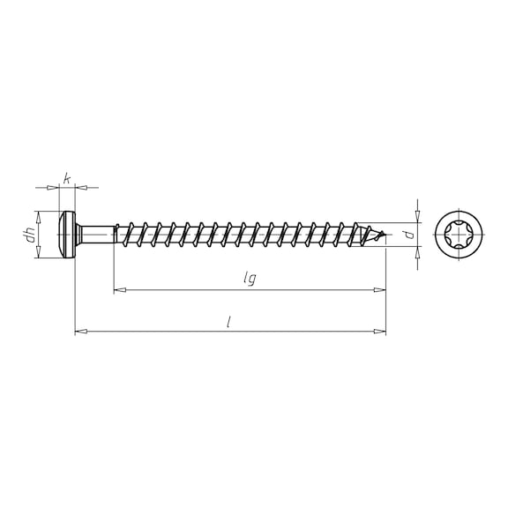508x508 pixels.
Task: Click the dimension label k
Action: (66, 178)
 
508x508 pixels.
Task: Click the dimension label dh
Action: (31, 235)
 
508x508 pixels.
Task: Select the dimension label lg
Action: (250, 278)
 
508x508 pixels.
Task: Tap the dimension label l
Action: (228, 322)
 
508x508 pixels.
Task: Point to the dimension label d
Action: (410, 235)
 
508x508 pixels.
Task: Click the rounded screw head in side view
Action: (67, 235)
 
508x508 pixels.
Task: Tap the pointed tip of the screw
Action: (385, 233)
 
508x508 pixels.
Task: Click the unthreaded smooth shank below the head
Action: (96, 235)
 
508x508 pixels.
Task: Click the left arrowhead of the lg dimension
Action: (120, 289)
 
